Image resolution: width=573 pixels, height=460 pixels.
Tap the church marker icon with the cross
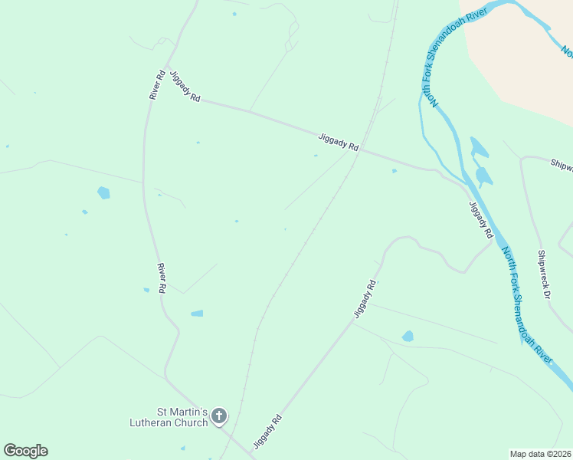point(219,416)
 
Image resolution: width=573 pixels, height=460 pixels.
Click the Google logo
point(25,451)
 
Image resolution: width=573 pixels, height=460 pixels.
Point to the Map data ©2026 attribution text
point(540,454)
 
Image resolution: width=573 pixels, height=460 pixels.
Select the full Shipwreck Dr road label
point(544,274)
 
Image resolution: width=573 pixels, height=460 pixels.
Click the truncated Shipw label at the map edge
point(562,163)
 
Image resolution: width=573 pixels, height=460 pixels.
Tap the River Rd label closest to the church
point(162,278)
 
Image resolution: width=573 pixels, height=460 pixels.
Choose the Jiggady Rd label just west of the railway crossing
point(339,142)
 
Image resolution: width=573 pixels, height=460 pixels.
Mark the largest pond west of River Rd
point(103,192)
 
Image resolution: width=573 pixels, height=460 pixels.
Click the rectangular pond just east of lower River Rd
point(197,313)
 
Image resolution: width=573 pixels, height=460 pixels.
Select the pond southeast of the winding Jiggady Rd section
point(408,336)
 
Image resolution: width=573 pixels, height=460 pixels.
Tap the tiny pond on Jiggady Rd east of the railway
point(395,171)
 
